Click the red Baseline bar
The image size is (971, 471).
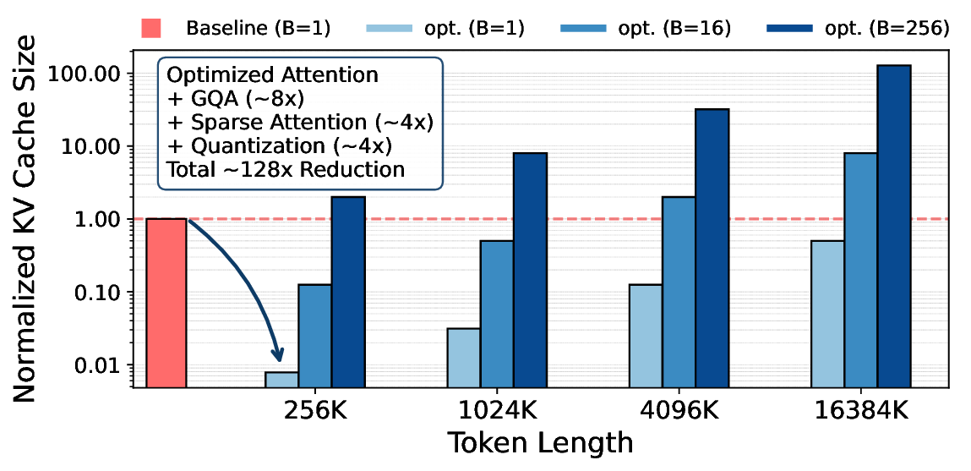[x=166, y=302]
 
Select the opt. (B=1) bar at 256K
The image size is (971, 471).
[x=281, y=379]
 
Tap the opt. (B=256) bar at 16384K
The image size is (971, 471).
[x=892, y=226]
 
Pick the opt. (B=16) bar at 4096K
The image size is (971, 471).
[x=679, y=292]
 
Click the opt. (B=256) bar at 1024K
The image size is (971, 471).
[x=530, y=270]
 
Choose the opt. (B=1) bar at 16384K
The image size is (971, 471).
[x=826, y=314]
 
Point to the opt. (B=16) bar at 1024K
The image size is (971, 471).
[x=497, y=314]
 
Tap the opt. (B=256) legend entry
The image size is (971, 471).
[x=857, y=27]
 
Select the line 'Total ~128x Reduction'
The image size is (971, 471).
[x=286, y=169]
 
